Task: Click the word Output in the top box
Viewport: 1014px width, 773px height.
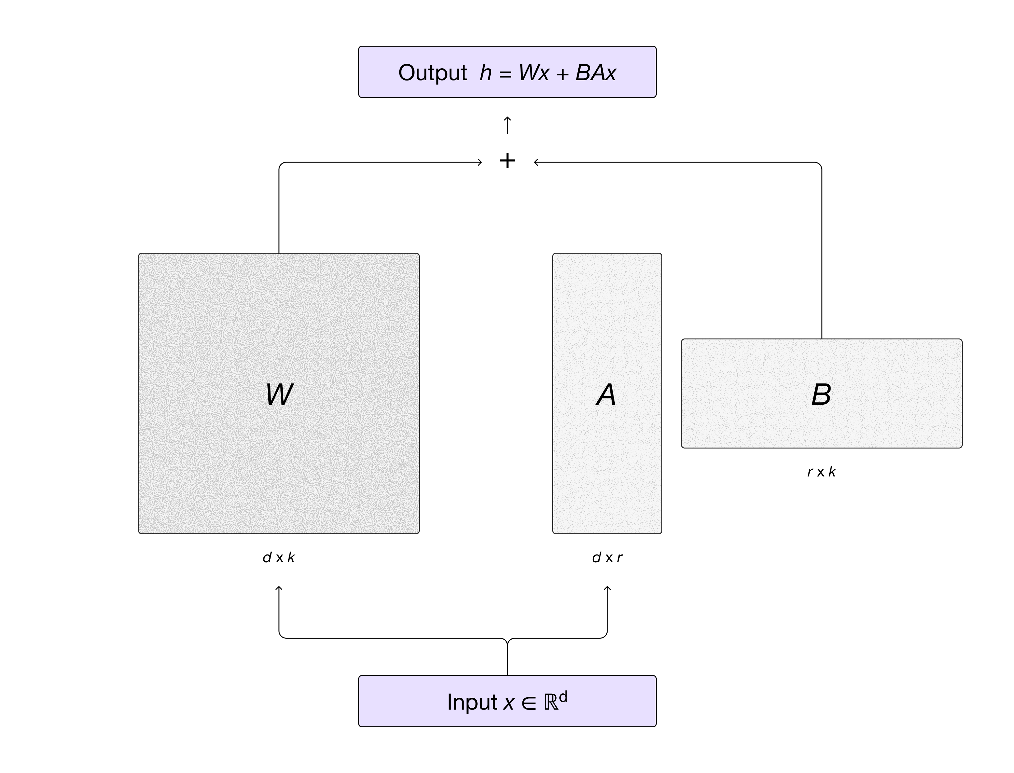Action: coord(432,73)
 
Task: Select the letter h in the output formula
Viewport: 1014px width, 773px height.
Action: coord(486,73)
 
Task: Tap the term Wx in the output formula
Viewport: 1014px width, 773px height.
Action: coord(534,73)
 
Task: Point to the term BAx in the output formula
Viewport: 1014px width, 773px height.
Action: coord(595,73)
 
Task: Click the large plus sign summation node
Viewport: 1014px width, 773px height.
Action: coord(507,161)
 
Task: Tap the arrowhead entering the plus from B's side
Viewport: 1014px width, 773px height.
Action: coord(536,162)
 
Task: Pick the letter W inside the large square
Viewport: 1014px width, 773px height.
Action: coord(279,394)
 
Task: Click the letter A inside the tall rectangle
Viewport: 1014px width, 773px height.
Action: coord(606,395)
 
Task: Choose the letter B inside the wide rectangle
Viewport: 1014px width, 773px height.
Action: coord(821,395)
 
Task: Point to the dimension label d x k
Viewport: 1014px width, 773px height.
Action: coord(279,558)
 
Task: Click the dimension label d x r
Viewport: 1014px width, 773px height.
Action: coord(607,558)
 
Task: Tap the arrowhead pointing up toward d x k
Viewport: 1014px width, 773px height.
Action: coord(279,588)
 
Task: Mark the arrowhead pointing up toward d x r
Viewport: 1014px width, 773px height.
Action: coord(607,588)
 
